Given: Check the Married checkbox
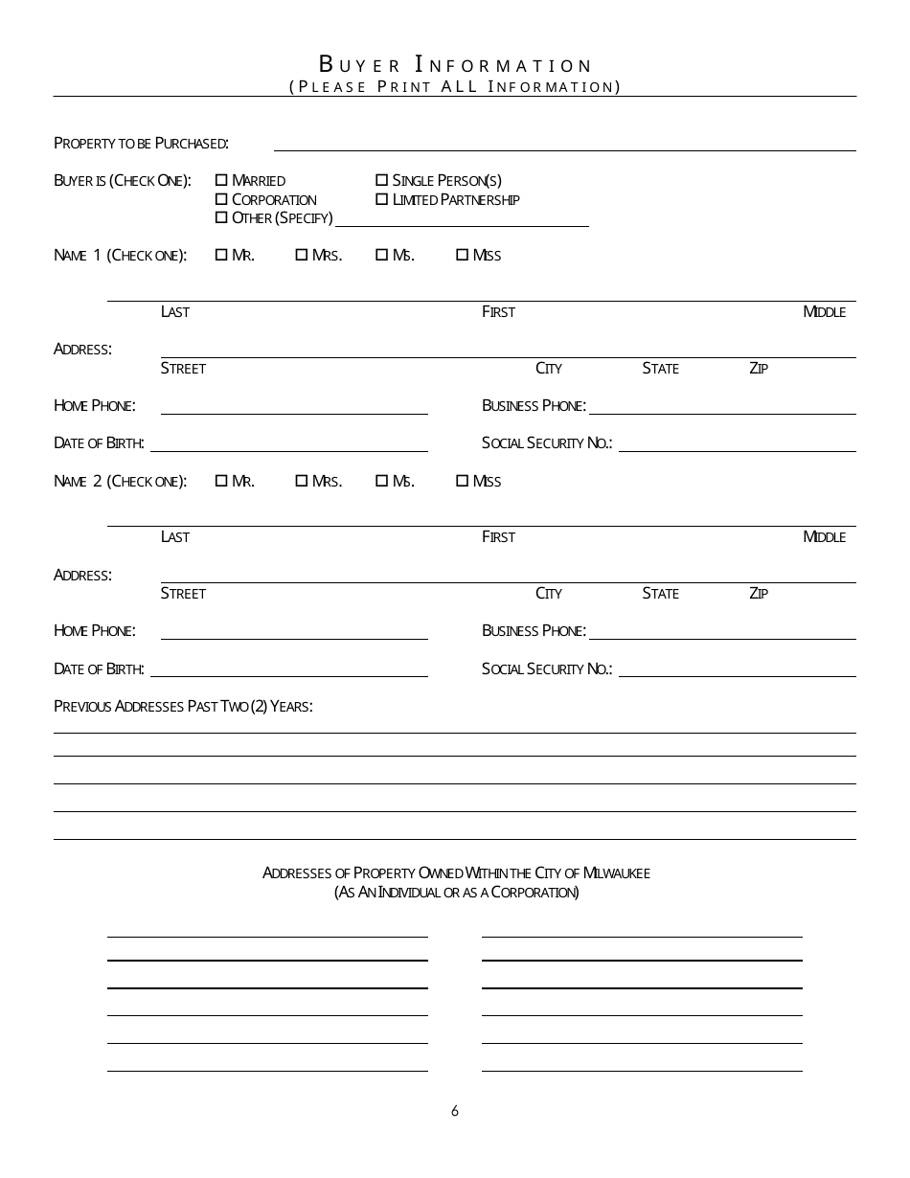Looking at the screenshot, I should [221, 180].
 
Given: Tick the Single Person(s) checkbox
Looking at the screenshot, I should [381, 180].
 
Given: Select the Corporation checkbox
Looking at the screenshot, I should [221, 199].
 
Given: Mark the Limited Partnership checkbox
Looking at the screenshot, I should [381, 199].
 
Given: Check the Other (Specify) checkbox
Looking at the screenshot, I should [221, 217].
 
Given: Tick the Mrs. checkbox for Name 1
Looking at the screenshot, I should [301, 255].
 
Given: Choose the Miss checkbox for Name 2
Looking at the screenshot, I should [462, 481].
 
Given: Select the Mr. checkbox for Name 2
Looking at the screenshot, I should [221, 481].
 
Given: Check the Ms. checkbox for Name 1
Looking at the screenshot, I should [381, 255].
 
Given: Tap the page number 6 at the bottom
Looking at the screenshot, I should [455, 1111].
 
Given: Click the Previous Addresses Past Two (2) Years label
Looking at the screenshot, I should [183, 707].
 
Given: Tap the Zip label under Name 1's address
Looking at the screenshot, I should [759, 369].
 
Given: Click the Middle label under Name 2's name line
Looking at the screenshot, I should [824, 537].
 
